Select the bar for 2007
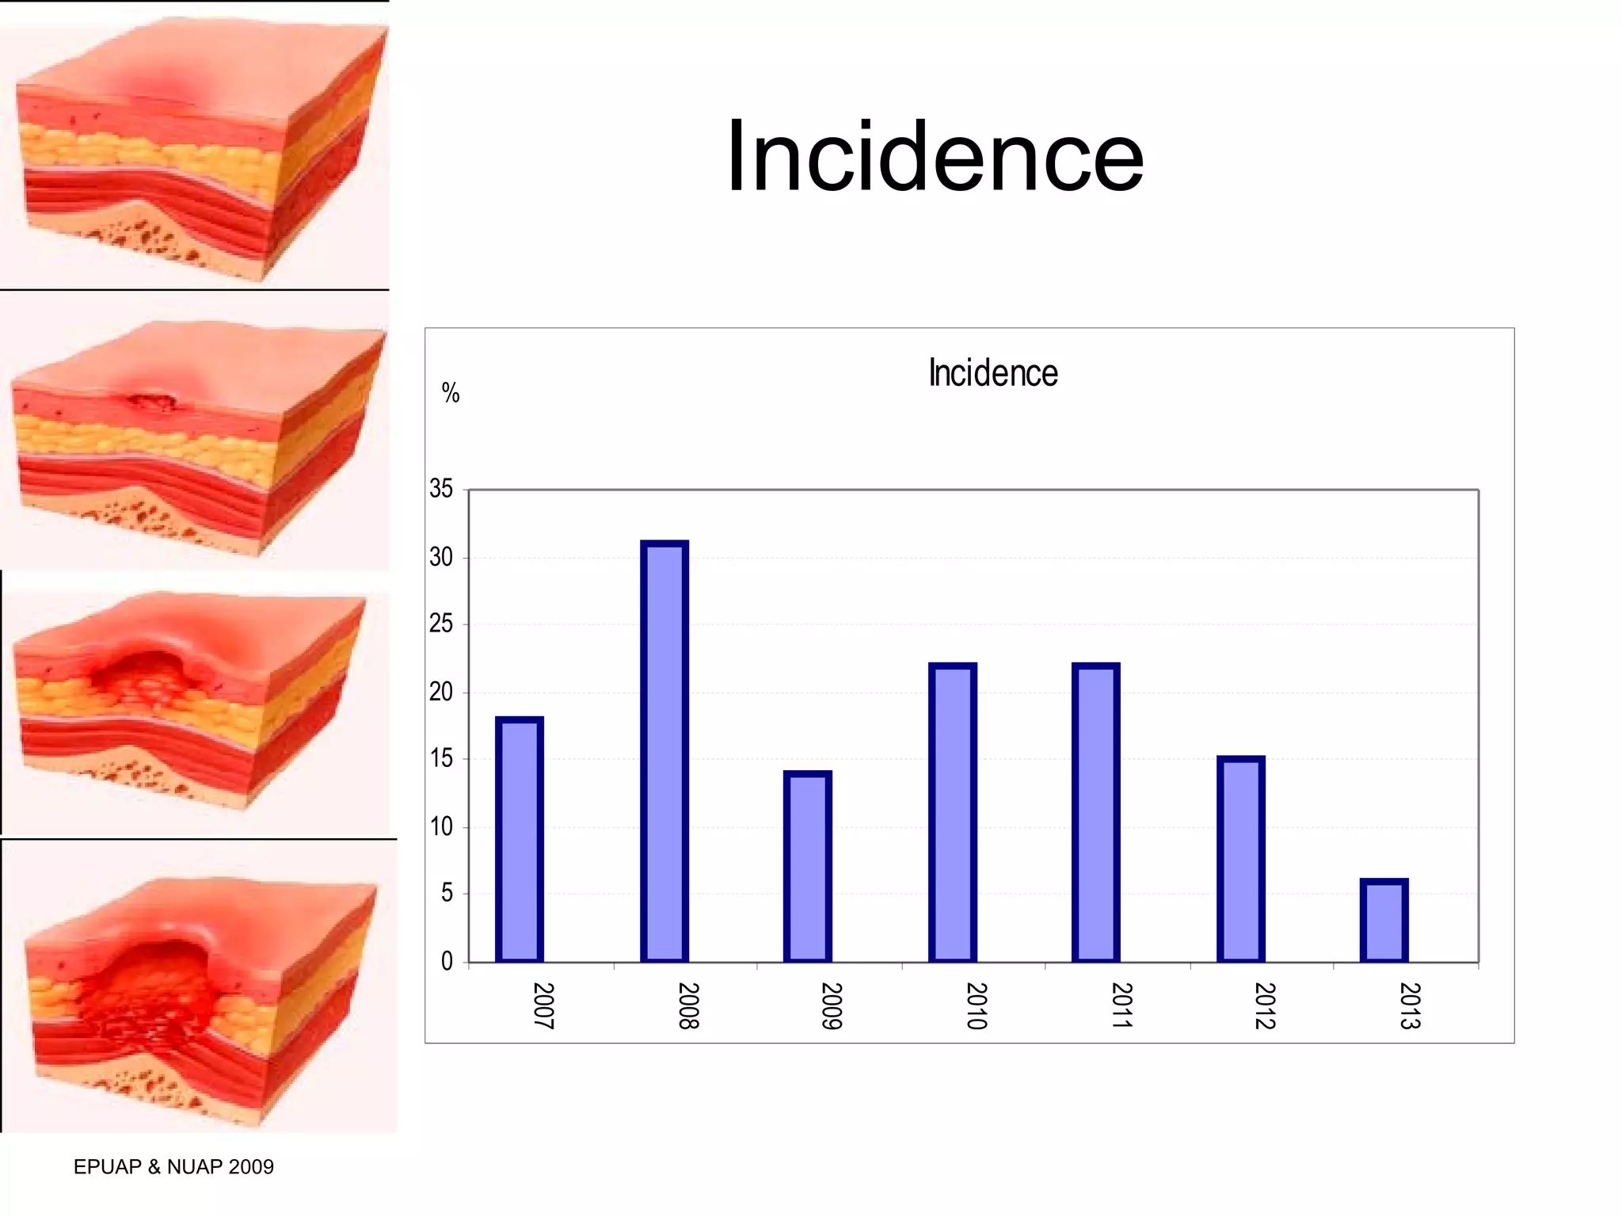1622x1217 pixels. pos(519,840)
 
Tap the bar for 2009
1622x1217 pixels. pos(807,867)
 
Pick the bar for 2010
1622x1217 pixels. pos(952,813)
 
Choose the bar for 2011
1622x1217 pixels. pos(1095,813)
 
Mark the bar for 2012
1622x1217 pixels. pos(1240,860)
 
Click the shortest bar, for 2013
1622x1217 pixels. pos(1384,921)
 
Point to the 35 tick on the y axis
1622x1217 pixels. pos(441,489)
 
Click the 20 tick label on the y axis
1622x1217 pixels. pos(441,692)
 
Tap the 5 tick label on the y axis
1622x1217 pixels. pos(447,894)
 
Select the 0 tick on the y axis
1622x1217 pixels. pos(447,961)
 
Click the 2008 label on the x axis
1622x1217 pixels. pos(687,1005)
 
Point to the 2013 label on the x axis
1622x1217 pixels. pos(1409,1005)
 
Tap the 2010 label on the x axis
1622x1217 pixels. pos(976,1005)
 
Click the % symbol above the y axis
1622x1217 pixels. pos(451,393)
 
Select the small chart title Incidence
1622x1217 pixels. pos(993,373)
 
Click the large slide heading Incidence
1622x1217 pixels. pos(935,156)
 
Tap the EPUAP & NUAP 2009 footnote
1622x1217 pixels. pos(173,1166)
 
